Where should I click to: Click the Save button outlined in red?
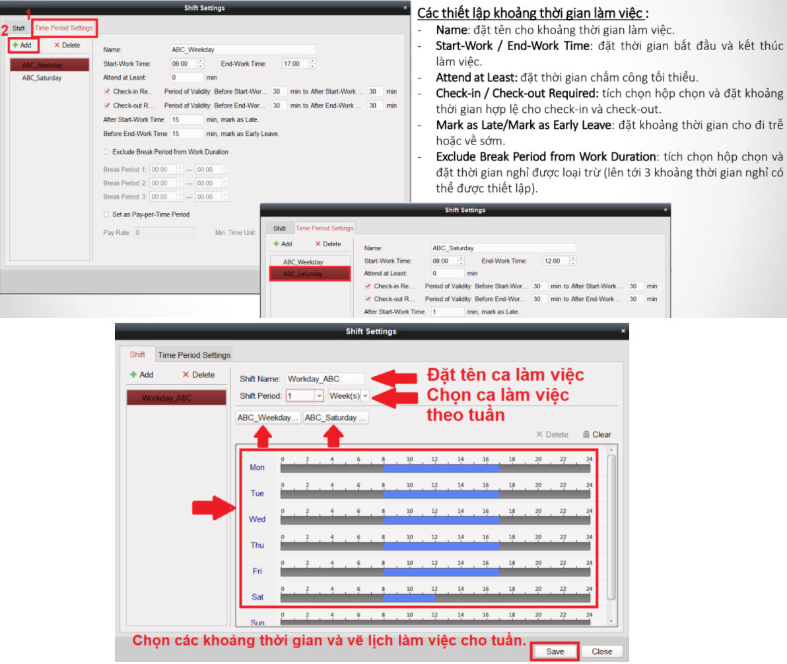[x=555, y=651]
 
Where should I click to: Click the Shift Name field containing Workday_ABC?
[x=325, y=379]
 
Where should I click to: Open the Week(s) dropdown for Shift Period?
[x=349, y=395]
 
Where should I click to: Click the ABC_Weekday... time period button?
[x=268, y=418]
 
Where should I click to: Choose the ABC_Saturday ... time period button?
[x=335, y=418]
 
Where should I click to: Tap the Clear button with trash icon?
[x=597, y=435]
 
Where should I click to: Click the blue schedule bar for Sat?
[x=409, y=597]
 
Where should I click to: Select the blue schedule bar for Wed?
[x=441, y=520]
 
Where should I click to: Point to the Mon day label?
[x=257, y=467]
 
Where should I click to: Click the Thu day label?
[x=257, y=545]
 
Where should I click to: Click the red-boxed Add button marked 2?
[x=22, y=45]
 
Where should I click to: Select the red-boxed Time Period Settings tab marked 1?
[x=64, y=28]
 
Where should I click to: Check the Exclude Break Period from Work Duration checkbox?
[x=106, y=152]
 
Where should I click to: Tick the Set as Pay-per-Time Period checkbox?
[x=106, y=215]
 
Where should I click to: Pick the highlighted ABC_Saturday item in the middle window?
[x=310, y=273]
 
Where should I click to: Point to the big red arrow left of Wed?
[x=213, y=508]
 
